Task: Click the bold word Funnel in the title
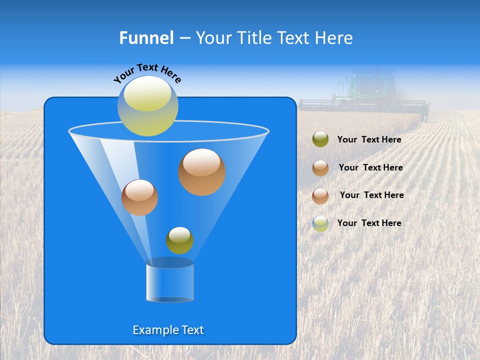[x=146, y=38]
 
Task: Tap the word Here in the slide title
[x=334, y=38]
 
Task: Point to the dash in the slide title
[x=184, y=38]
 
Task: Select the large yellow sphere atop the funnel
[x=148, y=106]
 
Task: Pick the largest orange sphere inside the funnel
[x=201, y=172]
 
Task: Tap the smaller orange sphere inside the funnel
[x=139, y=197]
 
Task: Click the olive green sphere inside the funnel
[x=179, y=240]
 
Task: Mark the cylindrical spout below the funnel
[x=169, y=281]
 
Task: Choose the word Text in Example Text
[x=191, y=330]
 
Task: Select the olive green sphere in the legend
[x=320, y=139]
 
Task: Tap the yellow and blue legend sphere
[x=320, y=223]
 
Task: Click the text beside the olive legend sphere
[x=369, y=140]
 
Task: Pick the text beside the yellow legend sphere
[x=369, y=223]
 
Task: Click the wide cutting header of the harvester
[x=363, y=105]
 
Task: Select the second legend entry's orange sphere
[x=320, y=168]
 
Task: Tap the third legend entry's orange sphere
[x=320, y=195]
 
